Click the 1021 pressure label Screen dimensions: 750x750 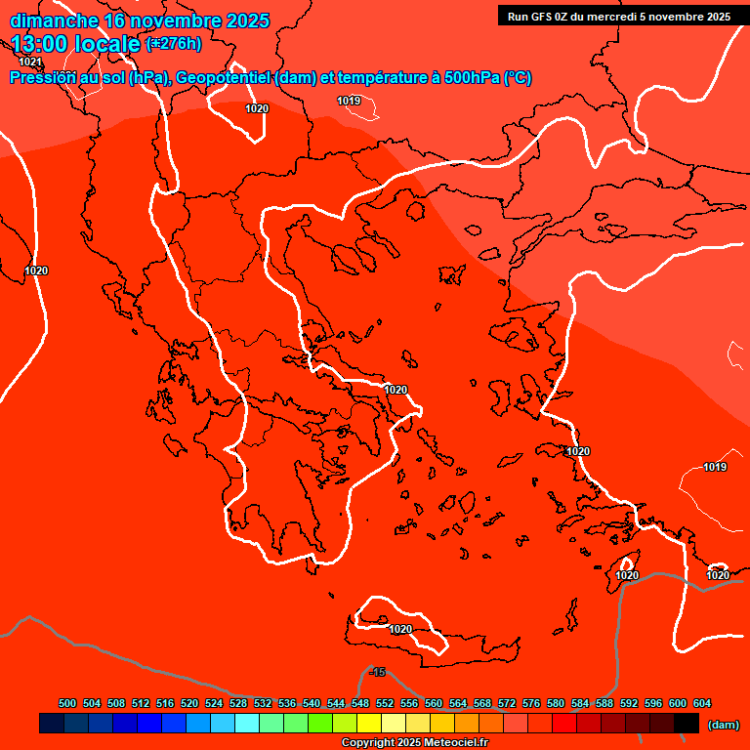point(30,62)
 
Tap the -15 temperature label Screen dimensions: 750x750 point(377,672)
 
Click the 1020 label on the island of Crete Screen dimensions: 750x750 point(400,629)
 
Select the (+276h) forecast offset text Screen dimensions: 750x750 point(174,43)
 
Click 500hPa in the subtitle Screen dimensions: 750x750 point(468,78)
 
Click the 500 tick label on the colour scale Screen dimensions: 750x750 point(67,703)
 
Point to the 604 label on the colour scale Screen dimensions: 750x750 point(701,703)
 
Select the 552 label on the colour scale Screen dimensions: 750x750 point(385,703)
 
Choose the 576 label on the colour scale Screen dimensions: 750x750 point(531,703)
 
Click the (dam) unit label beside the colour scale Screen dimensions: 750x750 point(723,725)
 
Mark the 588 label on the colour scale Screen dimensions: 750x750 point(604,703)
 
